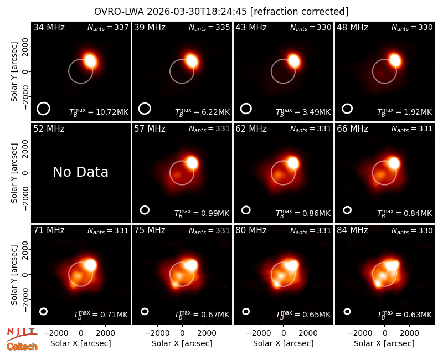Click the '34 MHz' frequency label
[49, 27]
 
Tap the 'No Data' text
[80, 172]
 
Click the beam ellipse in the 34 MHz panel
[43, 109]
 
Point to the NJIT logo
[22, 334]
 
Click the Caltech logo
[22, 347]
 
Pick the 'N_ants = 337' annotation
[108, 27]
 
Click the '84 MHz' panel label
[352, 230]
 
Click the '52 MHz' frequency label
[49, 129]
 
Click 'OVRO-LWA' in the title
[119, 12]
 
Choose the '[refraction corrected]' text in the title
[299, 12]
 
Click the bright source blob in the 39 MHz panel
[191, 61]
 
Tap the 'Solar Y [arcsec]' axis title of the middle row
[14, 173]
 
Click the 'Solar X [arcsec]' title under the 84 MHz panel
[384, 343]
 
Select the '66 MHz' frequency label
[352, 129]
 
